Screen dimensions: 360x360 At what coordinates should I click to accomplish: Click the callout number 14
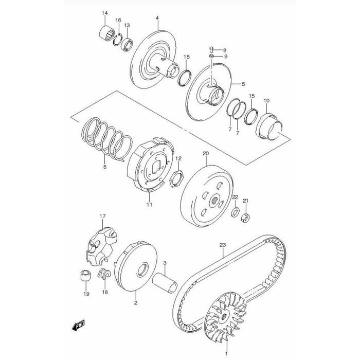coord(104,13)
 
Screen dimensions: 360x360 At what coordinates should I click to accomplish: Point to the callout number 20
coord(205,154)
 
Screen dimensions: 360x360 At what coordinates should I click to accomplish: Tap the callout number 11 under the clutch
coord(150,205)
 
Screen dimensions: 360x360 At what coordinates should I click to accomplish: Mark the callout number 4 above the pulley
coord(157,19)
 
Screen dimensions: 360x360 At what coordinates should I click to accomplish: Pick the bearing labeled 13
coord(127,41)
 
